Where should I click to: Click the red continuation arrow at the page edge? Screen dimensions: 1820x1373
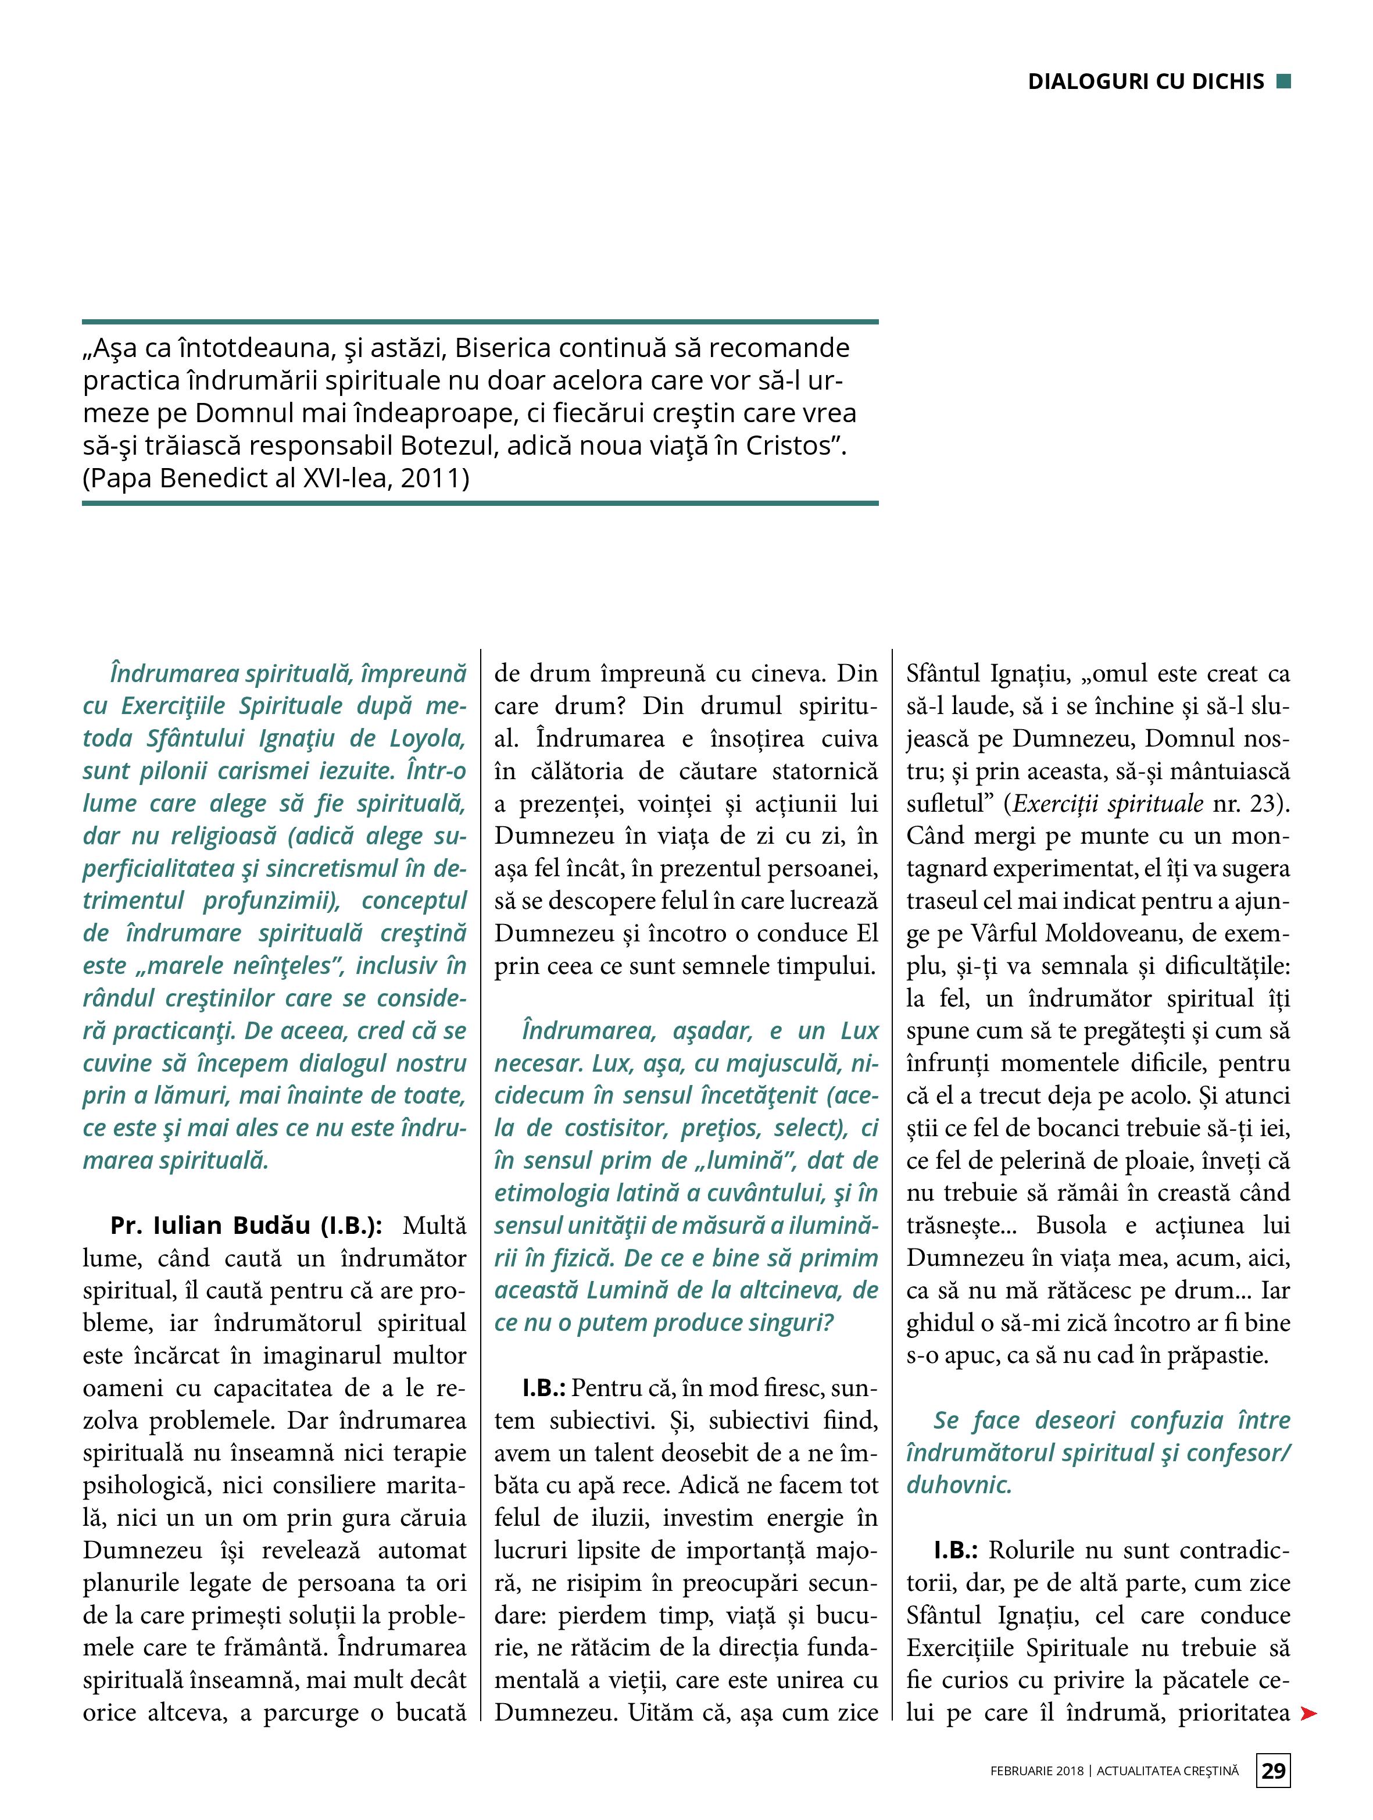point(1307,1714)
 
